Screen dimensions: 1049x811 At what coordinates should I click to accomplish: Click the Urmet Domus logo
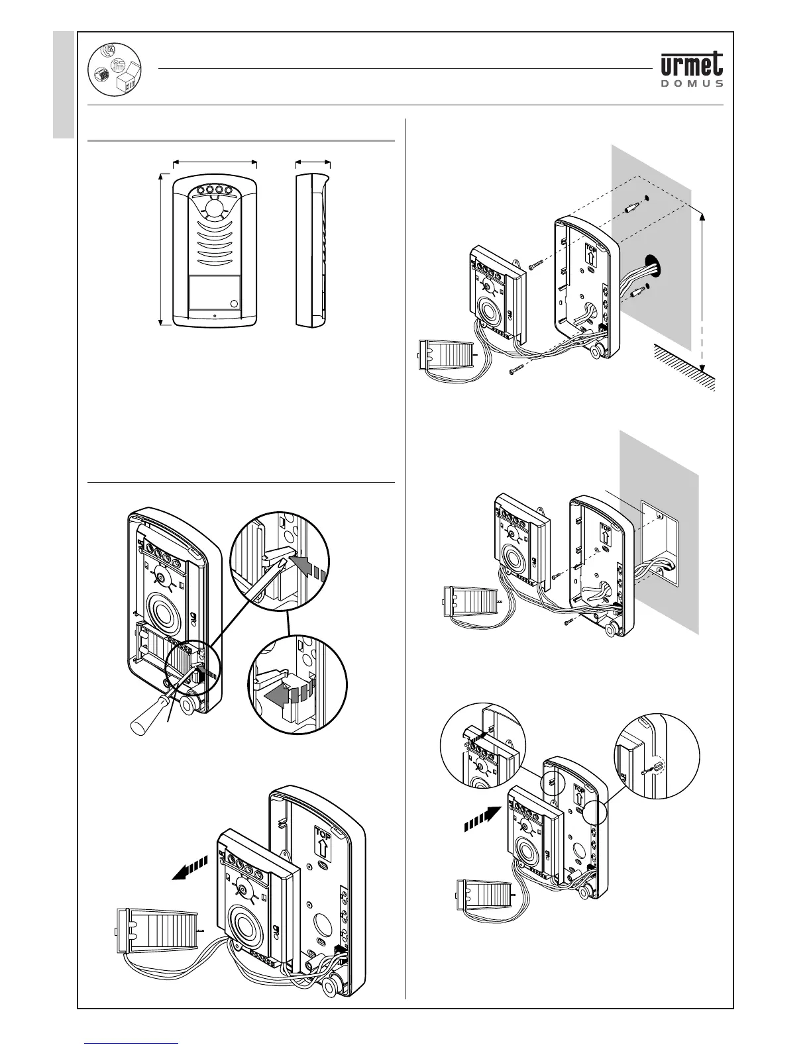(x=692, y=70)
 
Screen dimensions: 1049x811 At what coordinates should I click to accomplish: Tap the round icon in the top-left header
(x=114, y=70)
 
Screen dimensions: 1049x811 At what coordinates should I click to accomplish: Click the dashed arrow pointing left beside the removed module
(x=189, y=867)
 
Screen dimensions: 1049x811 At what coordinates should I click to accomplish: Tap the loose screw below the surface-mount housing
(x=516, y=372)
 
